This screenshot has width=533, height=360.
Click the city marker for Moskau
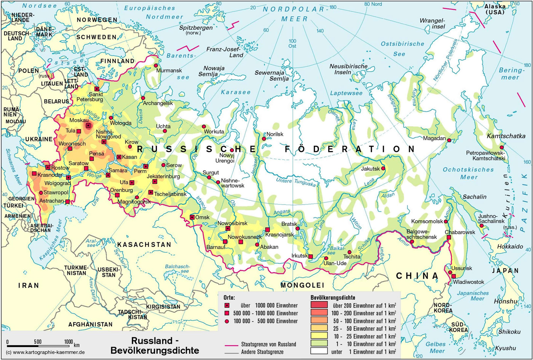click(88, 125)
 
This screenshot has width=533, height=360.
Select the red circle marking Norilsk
click(264, 139)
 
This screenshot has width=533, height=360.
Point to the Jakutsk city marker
click(383, 168)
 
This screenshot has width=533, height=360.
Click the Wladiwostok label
click(468, 282)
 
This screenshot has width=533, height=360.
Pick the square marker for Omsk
click(192, 217)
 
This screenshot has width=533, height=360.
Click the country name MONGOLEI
click(302, 285)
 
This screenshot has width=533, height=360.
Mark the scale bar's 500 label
click(38, 341)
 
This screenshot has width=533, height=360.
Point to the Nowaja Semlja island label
click(214, 71)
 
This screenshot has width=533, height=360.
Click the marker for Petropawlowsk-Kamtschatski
click(502, 147)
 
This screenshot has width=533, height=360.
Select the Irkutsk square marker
click(310, 256)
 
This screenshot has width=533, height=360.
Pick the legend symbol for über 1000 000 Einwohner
click(227, 305)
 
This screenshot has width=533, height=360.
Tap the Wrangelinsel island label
click(432, 23)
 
